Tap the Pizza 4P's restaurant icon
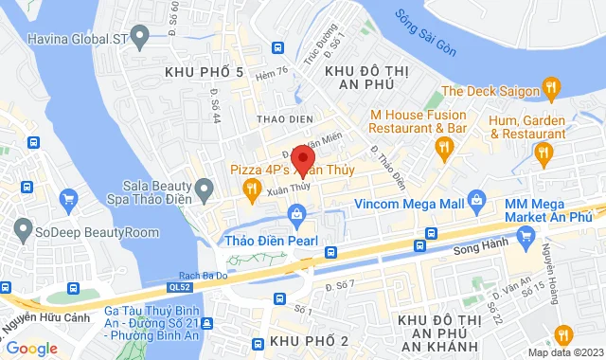[251, 189]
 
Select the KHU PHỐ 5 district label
[204, 72]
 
